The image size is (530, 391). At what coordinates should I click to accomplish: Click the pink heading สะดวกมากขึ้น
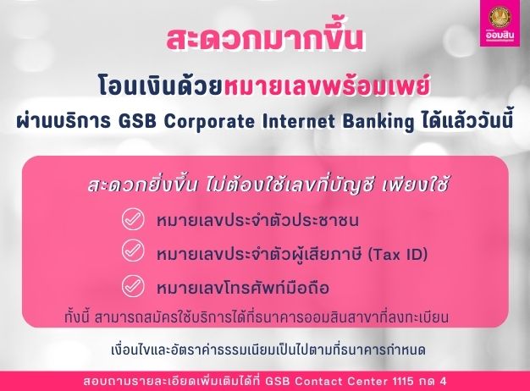[264, 41]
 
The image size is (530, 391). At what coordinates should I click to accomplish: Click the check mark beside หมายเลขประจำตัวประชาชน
[133, 220]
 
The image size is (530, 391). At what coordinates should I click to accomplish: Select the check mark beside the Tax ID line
[133, 251]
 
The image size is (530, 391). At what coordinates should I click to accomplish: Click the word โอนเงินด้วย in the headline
[148, 86]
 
